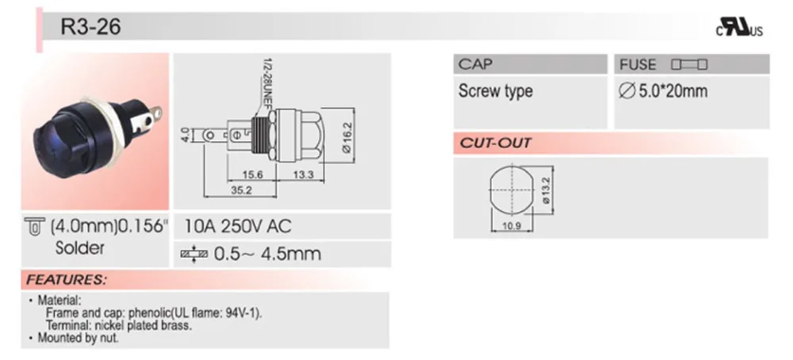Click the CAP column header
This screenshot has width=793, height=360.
click(x=475, y=64)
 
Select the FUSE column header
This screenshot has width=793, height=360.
click(x=638, y=64)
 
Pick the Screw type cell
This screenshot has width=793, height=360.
click(x=495, y=91)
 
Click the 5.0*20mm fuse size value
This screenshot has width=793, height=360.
click(x=662, y=91)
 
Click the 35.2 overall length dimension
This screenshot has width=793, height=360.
click(x=240, y=190)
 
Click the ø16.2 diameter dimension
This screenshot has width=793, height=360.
click(x=347, y=136)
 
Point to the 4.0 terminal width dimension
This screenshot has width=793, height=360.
click(x=184, y=135)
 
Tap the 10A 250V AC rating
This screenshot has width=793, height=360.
click(x=237, y=226)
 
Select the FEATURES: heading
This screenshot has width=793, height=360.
click(x=66, y=280)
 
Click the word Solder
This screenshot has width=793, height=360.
click(x=79, y=247)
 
